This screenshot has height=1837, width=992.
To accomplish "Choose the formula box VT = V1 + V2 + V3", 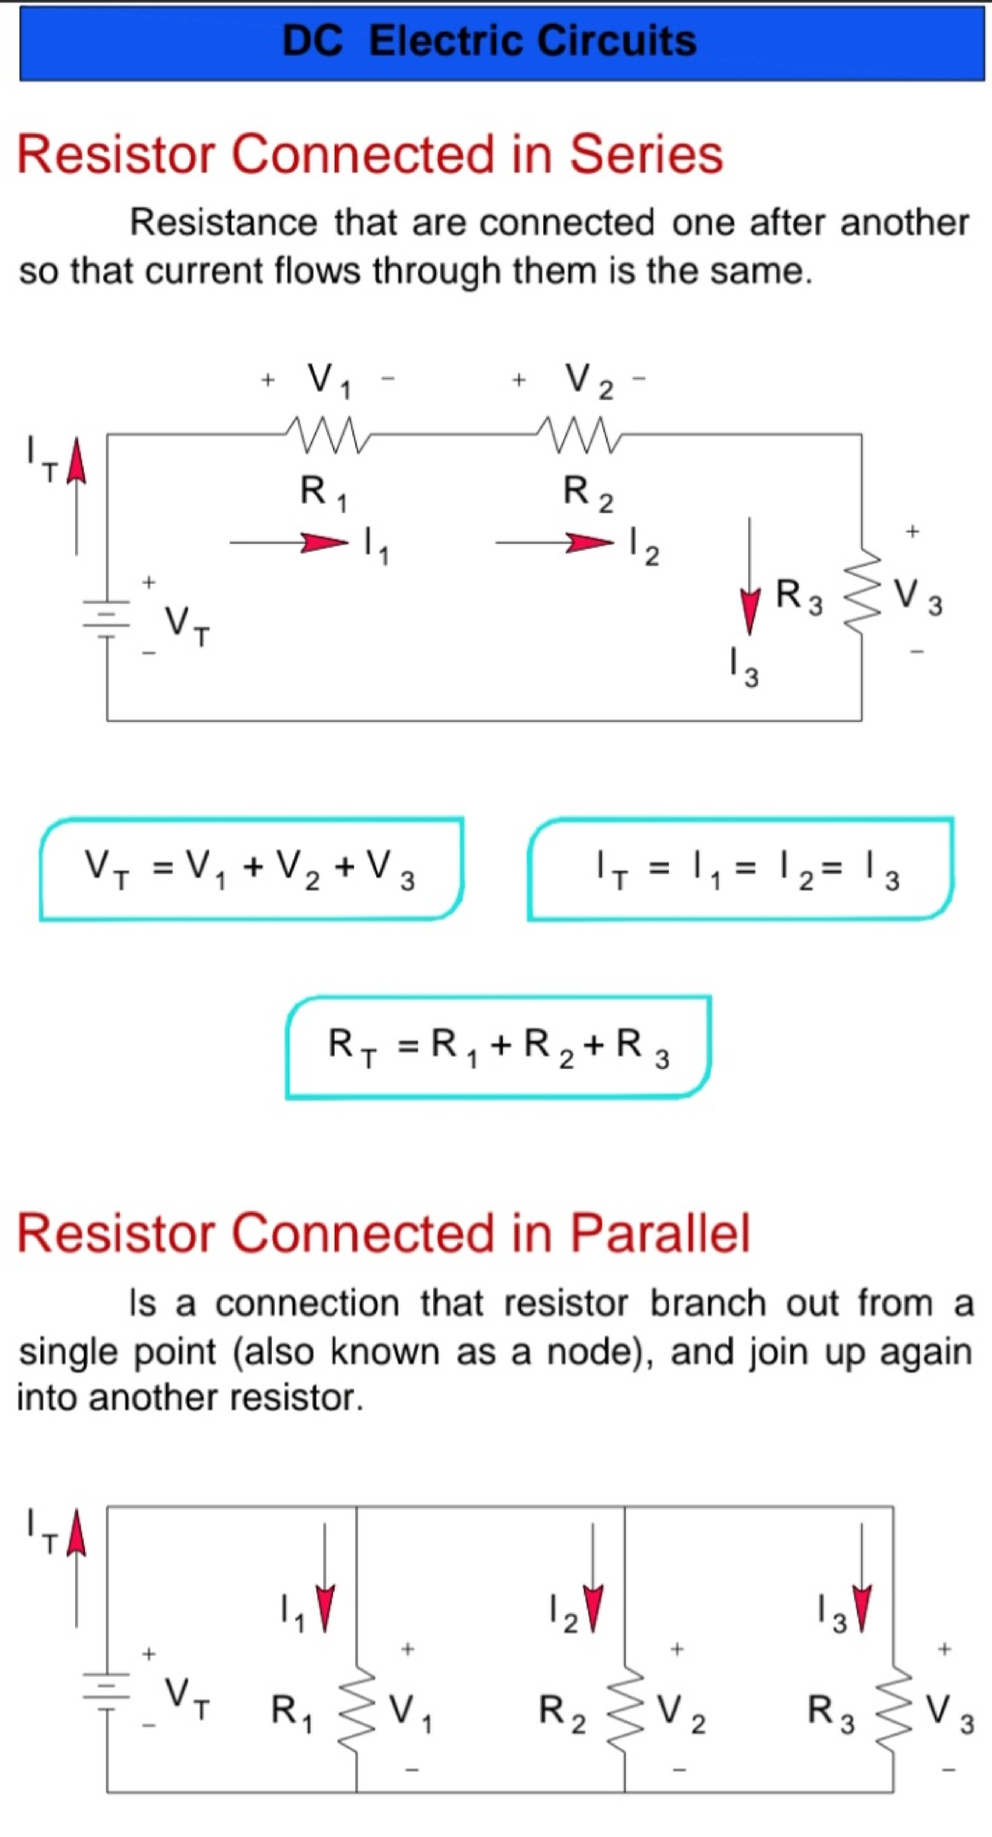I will (251, 868).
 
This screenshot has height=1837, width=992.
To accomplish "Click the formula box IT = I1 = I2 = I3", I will (741, 868).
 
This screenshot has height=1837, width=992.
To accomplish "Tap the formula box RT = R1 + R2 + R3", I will (498, 1047).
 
